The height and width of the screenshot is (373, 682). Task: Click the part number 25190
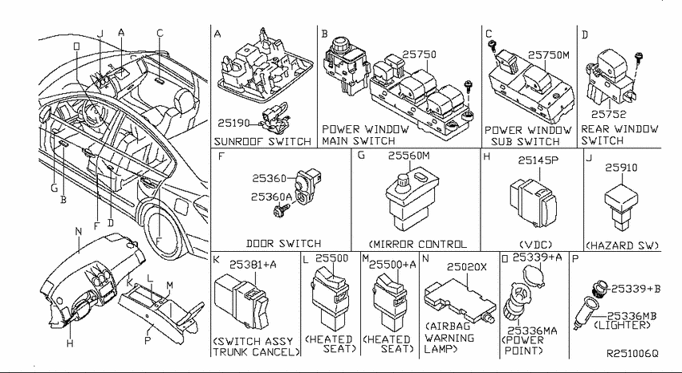pos(233,124)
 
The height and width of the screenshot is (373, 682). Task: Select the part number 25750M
pos(549,55)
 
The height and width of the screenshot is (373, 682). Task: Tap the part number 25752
pos(608,115)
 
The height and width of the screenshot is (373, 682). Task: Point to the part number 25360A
pos(271,197)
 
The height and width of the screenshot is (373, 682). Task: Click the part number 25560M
pos(409,155)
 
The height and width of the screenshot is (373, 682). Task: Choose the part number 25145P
pos(538,160)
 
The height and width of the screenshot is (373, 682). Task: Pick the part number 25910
pos(621,168)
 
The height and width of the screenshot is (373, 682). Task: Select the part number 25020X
pos(467,267)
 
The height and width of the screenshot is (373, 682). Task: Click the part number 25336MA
pos(526,331)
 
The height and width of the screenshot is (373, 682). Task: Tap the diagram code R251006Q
pos(632,354)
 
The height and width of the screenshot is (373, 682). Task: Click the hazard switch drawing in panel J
pos(621,207)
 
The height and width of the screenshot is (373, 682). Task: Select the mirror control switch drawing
pos(412,200)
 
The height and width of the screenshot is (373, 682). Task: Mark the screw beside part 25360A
pos(282,211)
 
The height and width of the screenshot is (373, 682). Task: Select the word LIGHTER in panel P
pos(622,325)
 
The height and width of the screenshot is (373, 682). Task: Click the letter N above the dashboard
pos(79,231)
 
